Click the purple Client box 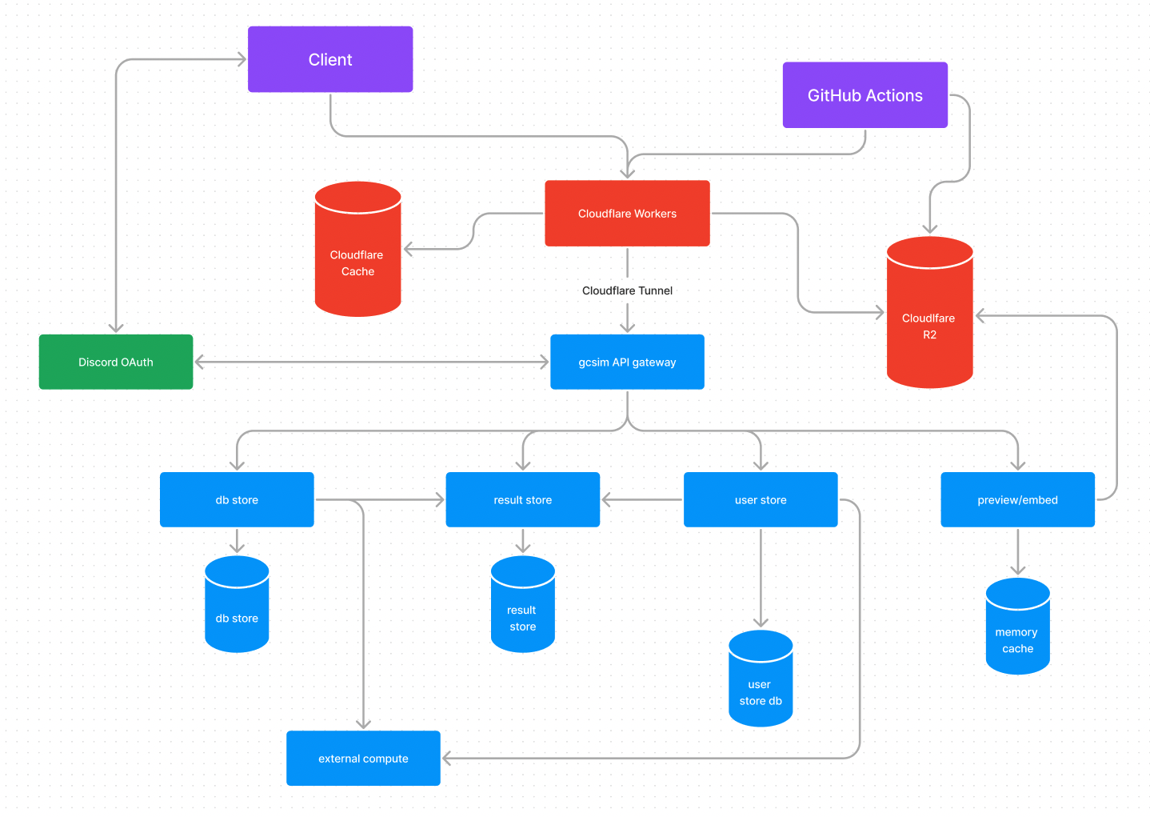pos(330,59)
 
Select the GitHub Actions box pos(864,95)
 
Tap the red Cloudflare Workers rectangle pos(627,214)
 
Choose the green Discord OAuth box pos(116,362)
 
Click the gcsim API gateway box pos(627,362)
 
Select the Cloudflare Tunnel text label pos(627,290)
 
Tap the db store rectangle pos(237,499)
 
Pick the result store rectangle pos(522,499)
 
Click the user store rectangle pos(761,499)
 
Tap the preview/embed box pos(1017,499)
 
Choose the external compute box pos(363,758)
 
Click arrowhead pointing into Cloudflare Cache pos(408,250)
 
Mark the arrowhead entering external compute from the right pos(446,758)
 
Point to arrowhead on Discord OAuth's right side pos(199,362)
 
